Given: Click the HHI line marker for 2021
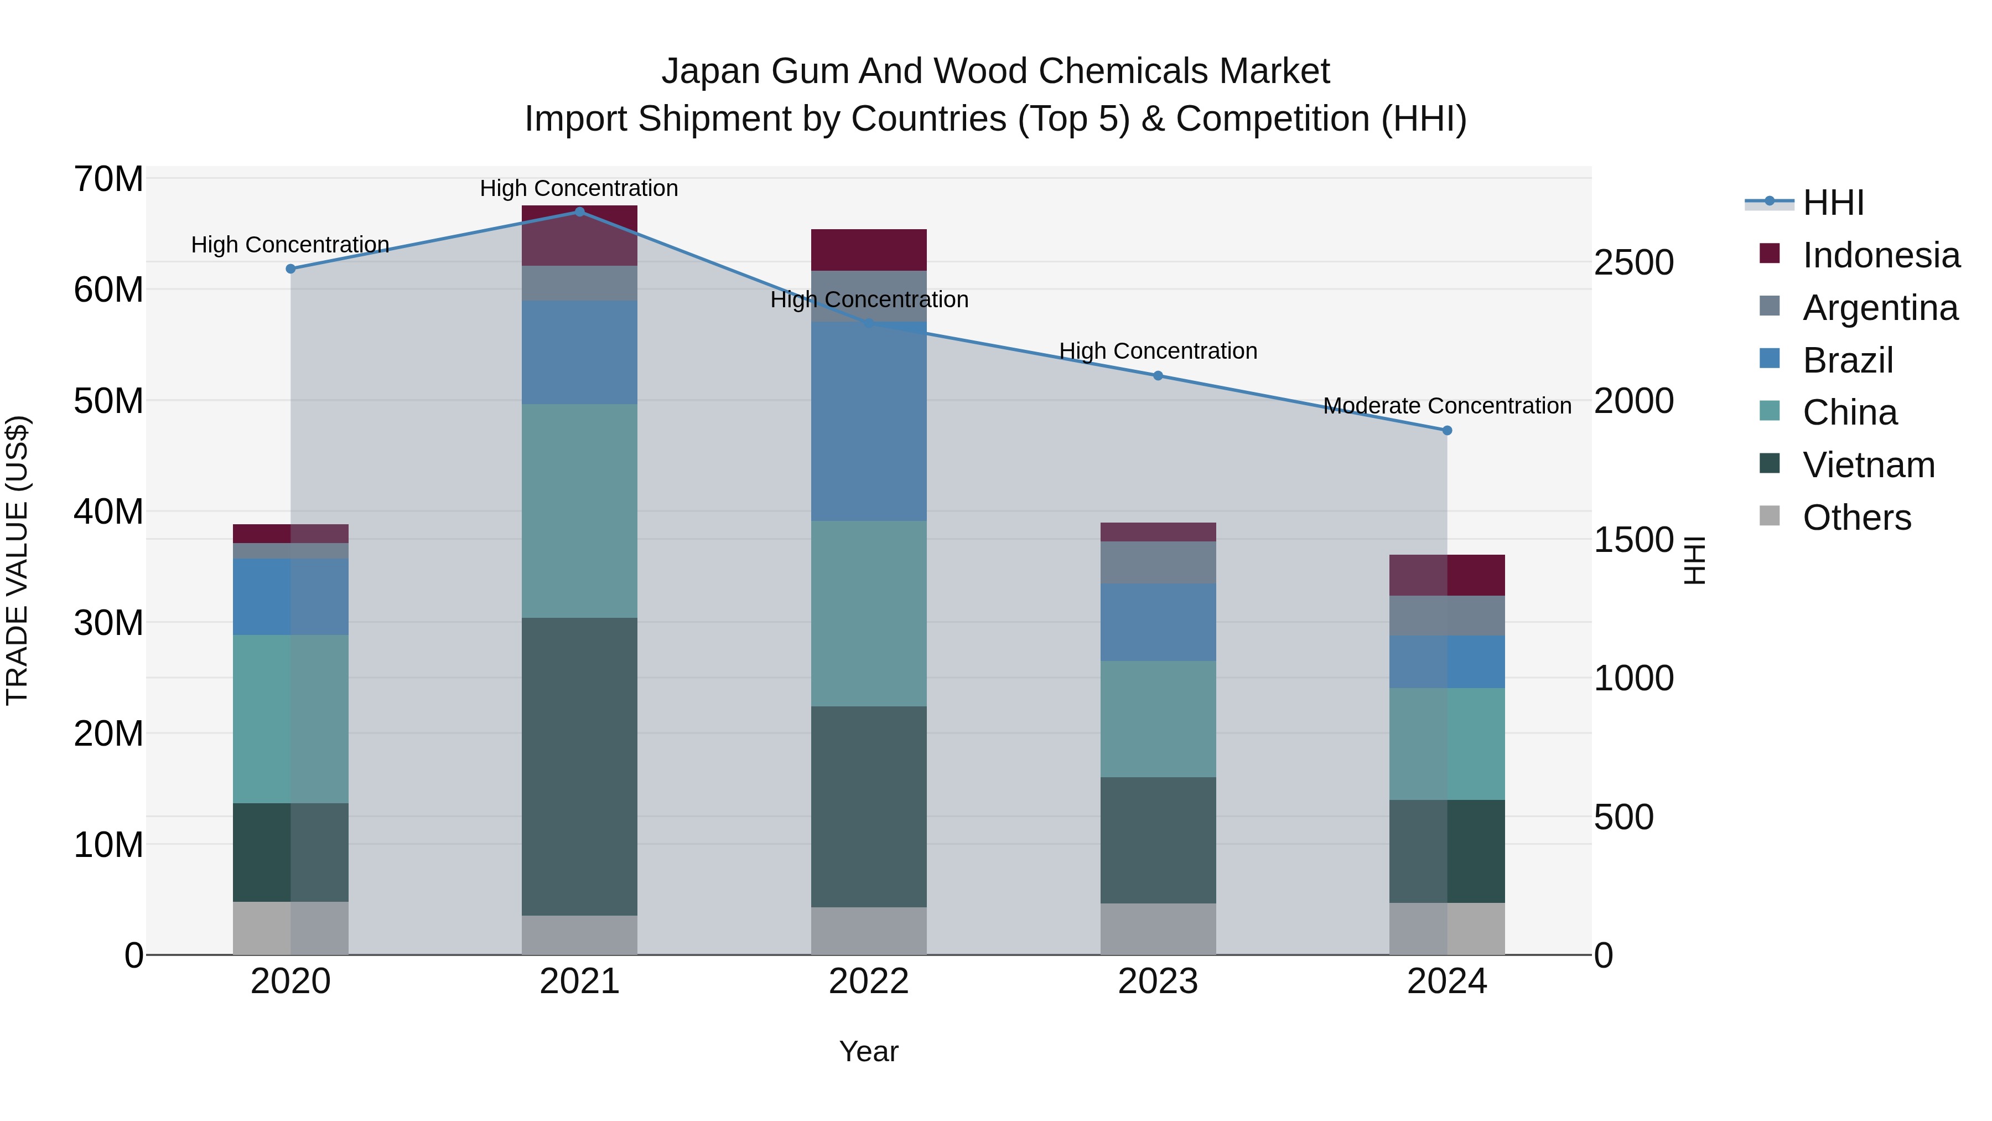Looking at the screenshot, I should click(x=579, y=212).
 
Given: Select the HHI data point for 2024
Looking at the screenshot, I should click(x=1447, y=430).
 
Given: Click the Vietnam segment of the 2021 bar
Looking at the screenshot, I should click(x=579, y=766).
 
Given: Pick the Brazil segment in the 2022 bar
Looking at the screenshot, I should click(x=868, y=422).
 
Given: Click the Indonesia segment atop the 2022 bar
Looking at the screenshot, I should click(x=868, y=250).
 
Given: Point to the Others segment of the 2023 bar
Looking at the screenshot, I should click(x=1158, y=928).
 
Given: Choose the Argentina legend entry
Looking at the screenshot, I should click(x=1880, y=308).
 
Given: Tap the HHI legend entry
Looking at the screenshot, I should click(x=1833, y=203).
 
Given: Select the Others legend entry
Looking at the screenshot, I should click(x=1856, y=518).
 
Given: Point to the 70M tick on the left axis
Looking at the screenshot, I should click(x=108, y=179).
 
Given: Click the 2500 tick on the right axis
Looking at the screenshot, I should click(x=1633, y=262).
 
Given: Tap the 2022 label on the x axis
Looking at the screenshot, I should click(x=868, y=981).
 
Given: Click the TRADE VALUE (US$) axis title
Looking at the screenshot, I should click(x=17, y=560).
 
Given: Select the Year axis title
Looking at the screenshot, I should click(x=868, y=1051).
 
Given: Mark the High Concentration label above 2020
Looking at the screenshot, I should click(x=290, y=245).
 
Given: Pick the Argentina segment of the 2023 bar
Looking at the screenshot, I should click(x=1158, y=562).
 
